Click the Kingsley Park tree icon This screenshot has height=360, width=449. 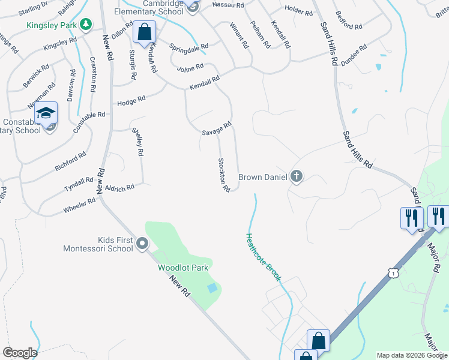pos(86,24)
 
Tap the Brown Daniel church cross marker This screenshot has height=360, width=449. pos(296,176)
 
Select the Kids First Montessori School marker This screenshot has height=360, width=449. pos(142,243)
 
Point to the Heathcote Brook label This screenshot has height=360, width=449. pos(262,256)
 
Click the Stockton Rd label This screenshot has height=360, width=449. pos(224,175)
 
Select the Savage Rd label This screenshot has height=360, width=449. pos(216,128)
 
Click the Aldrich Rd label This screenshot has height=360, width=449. pos(119,188)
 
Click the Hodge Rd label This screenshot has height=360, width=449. pos(131,101)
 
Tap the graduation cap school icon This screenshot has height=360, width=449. pos(46,113)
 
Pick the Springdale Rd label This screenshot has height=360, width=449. pos(188,46)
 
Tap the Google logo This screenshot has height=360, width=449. pos(20,353)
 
